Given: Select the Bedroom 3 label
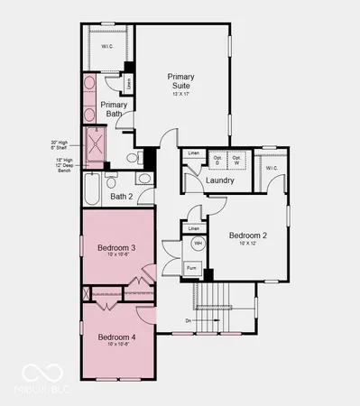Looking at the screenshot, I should click(x=115, y=248).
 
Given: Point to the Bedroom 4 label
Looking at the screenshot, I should click(x=115, y=337).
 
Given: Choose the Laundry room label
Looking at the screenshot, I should click(x=220, y=180).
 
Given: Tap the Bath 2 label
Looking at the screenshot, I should click(x=122, y=196).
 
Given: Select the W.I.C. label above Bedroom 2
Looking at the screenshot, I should click(x=272, y=168).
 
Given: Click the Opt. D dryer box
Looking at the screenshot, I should click(x=217, y=160).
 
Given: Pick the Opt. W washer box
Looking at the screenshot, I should click(x=237, y=160).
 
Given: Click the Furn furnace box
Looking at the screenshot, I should click(x=192, y=268).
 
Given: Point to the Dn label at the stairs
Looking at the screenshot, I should click(x=188, y=319).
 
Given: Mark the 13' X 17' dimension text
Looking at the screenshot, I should click(x=180, y=94).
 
